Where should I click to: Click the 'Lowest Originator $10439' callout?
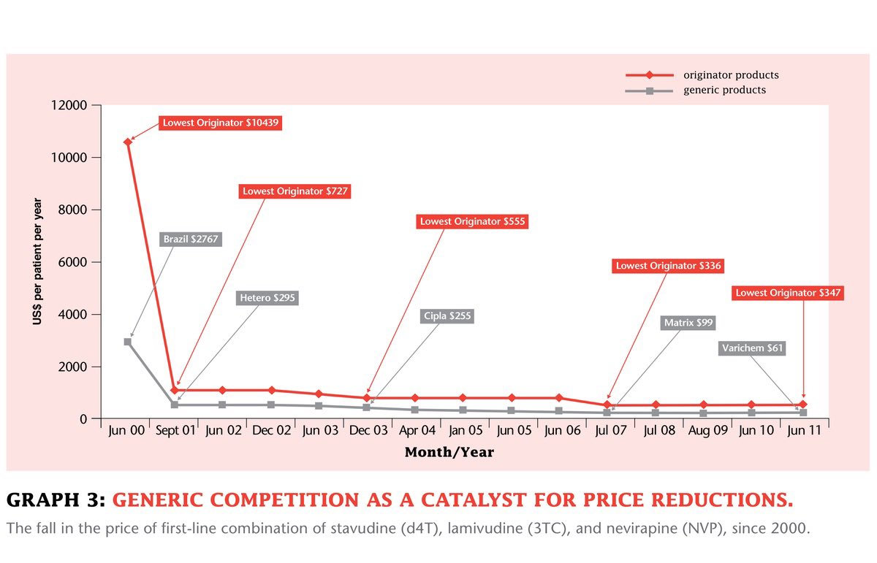click(x=219, y=123)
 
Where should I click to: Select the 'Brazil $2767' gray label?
click(x=191, y=239)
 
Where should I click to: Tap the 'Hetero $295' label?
click(x=268, y=298)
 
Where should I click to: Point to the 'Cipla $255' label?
click(x=447, y=316)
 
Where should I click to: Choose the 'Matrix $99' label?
click(x=688, y=322)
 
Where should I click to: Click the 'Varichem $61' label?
click(x=752, y=348)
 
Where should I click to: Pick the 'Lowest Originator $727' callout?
click(x=295, y=191)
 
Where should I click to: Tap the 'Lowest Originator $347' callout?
click(x=789, y=293)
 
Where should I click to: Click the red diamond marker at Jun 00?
click(x=128, y=142)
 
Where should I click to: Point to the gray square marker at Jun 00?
click(x=128, y=342)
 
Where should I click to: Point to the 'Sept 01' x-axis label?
click(x=176, y=431)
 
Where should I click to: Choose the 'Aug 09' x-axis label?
click(x=708, y=431)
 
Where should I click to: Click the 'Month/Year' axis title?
click(x=449, y=452)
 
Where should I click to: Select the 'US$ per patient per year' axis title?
click(x=37, y=262)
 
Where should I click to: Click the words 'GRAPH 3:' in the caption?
click(x=56, y=501)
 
